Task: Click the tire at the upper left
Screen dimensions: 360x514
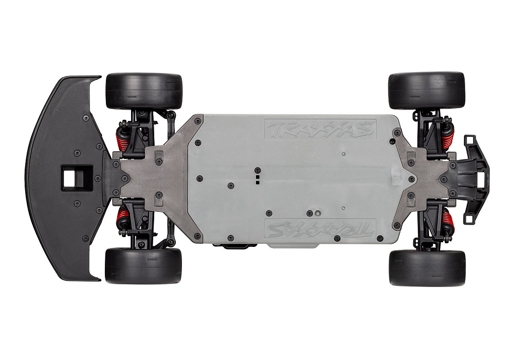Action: coord(144,91)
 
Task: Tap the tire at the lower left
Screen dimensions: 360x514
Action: coord(143,266)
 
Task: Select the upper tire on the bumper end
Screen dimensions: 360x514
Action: coord(427,91)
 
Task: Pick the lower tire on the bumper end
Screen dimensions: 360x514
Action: coord(427,268)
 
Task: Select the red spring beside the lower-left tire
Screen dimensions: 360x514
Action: coord(124,220)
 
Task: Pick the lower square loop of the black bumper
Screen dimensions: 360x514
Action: coord(469,218)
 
